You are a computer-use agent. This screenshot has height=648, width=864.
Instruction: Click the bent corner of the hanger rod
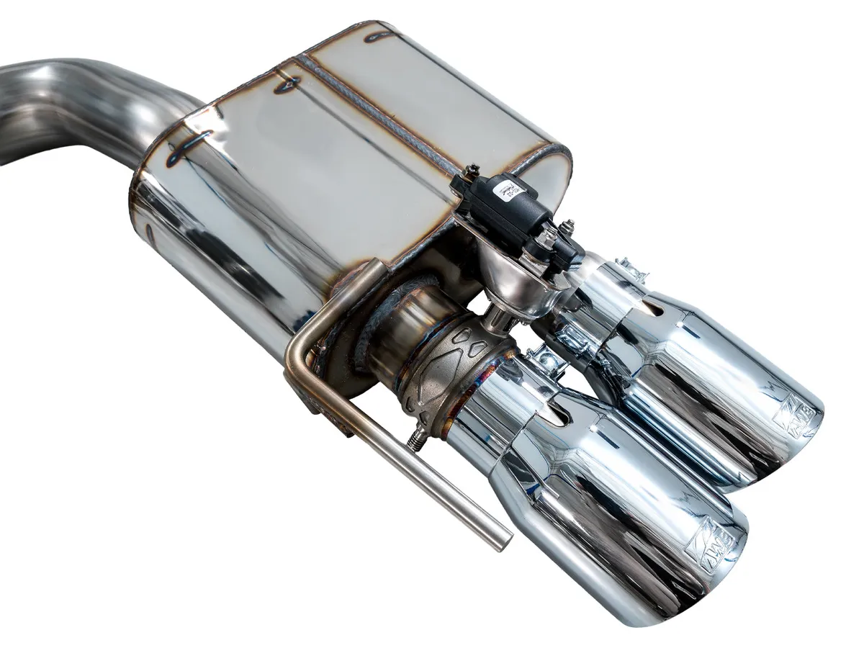pos(297,353)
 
